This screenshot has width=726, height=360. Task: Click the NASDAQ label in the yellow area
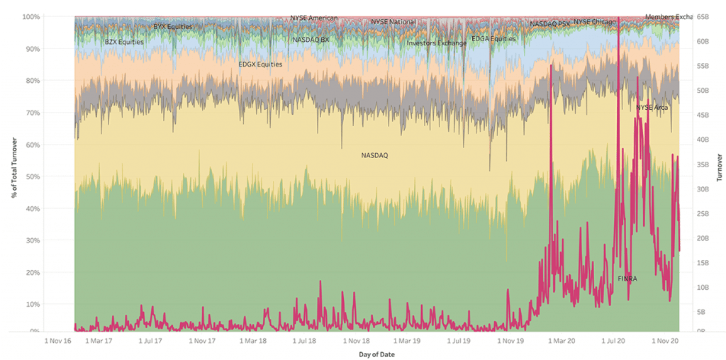pos(374,154)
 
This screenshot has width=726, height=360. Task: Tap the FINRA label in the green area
pos(627,279)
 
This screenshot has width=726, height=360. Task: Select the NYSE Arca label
pos(652,108)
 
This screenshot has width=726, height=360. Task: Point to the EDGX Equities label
pos(260,64)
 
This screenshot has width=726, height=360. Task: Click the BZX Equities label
pos(124,42)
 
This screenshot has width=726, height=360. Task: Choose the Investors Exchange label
pos(437,43)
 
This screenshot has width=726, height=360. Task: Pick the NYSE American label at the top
pos(314,18)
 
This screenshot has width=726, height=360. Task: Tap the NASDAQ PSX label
pos(549,24)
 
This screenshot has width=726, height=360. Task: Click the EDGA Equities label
pos(493,39)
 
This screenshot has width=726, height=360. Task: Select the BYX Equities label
pos(173,27)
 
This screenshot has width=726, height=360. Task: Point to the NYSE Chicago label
pos(594,22)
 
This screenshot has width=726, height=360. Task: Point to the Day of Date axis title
pos(376,354)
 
